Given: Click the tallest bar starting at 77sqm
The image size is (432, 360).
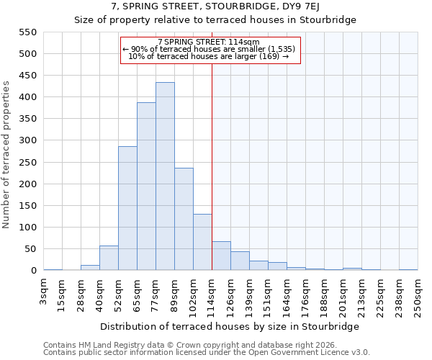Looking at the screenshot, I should coord(165,176).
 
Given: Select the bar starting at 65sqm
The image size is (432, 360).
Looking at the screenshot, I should coord(146,186).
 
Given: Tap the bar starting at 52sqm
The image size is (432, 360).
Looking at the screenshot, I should coord(127,209).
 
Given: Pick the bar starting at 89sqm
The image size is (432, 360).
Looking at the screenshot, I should coord(184,220).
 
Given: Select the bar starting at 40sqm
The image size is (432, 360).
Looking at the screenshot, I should coord(109,258).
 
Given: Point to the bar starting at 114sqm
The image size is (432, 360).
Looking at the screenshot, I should coord(221,256).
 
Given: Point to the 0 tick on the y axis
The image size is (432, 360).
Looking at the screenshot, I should coord(32,271).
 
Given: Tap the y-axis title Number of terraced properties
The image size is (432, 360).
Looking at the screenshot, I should coord(7,155).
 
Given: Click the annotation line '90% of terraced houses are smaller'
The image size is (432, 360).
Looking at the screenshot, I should coord(209,49).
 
